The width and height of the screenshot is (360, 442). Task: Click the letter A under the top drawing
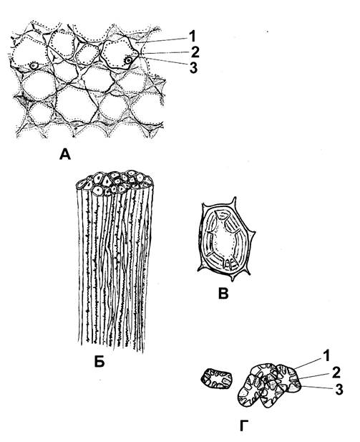coord(65,154)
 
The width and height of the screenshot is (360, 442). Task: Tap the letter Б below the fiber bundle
coord(99,362)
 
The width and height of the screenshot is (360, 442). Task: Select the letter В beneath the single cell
coord(223,294)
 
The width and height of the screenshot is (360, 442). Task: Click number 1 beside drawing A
coord(192,36)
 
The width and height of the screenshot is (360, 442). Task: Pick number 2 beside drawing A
coord(195,52)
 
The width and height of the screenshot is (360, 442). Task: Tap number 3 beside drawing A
coord(193,68)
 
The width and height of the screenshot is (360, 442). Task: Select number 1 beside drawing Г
coord(326,356)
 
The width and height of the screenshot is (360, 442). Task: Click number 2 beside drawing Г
coord(336,373)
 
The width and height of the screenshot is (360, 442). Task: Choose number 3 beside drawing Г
coord(339,390)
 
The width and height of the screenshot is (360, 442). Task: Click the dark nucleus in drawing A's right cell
coord(128,60)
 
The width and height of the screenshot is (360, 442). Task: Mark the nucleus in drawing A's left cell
coord(34,66)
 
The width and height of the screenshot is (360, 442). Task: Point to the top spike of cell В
coord(234,201)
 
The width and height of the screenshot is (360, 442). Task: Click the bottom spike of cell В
coord(233,278)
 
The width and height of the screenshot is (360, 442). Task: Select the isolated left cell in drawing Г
coord(217,378)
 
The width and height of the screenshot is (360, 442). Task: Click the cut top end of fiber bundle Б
coord(115,183)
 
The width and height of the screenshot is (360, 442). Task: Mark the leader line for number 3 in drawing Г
coord(316,388)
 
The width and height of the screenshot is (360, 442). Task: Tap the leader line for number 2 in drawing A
coord(164,53)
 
